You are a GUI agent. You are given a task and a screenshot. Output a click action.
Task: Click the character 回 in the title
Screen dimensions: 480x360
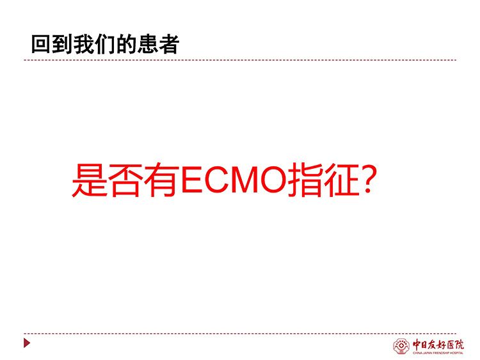pos(41,45)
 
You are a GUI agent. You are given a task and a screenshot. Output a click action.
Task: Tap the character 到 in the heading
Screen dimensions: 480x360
pos(62,45)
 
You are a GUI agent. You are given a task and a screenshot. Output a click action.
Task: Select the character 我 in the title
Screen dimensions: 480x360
pos(84,45)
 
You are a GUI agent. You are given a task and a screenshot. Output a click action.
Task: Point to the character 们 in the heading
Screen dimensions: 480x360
pos(105,45)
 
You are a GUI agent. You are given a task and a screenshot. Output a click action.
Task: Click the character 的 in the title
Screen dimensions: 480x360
pos(126,45)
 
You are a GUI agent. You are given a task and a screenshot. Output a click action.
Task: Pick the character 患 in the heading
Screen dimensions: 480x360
pos(147,45)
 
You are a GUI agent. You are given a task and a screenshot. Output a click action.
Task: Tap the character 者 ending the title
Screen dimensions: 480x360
pos(169,45)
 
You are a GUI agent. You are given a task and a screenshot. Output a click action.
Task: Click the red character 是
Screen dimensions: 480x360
pos(90,180)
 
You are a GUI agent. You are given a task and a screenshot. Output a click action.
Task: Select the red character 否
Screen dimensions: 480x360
pos(126,180)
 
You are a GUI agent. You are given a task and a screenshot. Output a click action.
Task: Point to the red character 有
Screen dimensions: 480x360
pos(162,180)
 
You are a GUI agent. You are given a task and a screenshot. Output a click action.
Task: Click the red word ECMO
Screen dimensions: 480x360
pos(234,179)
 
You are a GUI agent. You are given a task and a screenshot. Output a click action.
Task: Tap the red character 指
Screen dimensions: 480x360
pos(304,180)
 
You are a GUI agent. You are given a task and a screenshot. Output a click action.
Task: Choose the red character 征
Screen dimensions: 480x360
pos(340,180)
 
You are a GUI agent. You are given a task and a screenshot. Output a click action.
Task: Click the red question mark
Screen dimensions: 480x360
pos(367,179)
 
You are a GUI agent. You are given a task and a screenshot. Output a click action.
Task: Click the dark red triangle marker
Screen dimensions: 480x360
pos(27,343)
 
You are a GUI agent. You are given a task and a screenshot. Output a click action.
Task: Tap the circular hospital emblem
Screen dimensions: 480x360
pos(401,346)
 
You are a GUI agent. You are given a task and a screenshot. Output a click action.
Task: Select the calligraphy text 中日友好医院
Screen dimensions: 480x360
pos(438,345)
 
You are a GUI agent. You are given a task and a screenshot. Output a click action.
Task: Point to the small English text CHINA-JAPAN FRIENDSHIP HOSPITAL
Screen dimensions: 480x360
pos(438,353)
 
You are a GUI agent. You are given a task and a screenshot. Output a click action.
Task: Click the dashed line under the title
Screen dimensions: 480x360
pos(240,60)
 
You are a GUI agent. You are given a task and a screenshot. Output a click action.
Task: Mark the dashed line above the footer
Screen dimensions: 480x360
pos(240,333)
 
